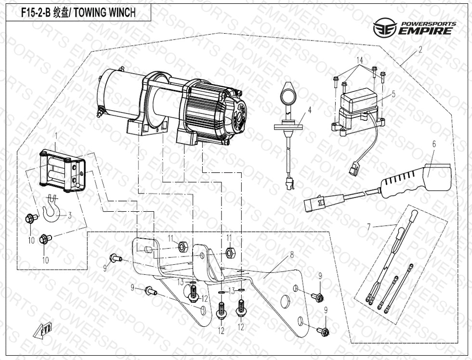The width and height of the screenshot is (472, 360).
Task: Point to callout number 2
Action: click(420, 50)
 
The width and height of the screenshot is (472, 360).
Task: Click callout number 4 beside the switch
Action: click(310, 110)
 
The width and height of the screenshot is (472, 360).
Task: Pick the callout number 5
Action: click(393, 94)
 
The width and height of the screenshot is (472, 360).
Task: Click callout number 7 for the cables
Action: click(369, 226)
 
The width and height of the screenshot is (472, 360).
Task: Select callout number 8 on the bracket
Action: click(291, 256)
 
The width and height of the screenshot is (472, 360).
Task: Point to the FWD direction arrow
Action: click(41, 332)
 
